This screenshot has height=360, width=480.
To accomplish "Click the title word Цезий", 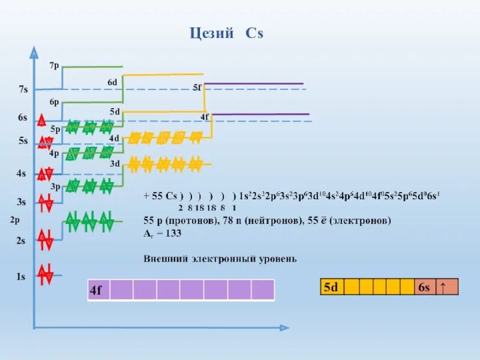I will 212,34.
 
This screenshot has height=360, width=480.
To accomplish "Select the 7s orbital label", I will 23,89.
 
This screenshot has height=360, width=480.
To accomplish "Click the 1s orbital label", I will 21,277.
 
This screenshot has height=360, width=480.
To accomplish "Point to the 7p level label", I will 54,65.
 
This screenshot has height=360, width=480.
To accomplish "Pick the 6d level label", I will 112,82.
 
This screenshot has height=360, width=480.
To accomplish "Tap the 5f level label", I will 197,88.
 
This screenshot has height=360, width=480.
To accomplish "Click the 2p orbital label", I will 16,220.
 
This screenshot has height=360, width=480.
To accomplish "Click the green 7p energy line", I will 93,67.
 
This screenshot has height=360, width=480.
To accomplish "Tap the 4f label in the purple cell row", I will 97,290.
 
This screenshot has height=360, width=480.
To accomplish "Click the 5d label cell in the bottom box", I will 331,287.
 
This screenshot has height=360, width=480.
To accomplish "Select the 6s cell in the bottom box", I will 424,287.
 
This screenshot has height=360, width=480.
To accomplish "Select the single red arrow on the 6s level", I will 43,119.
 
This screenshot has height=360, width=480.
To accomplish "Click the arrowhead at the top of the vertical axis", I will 34,53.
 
